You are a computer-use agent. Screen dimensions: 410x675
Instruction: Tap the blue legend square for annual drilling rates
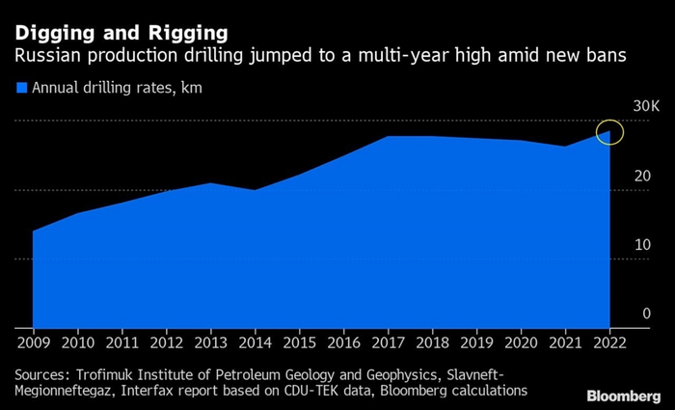(x=21, y=88)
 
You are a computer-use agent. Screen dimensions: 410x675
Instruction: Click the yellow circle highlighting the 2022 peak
(x=610, y=132)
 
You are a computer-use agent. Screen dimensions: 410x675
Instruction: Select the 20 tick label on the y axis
(x=642, y=177)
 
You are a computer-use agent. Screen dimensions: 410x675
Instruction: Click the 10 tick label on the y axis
(x=642, y=245)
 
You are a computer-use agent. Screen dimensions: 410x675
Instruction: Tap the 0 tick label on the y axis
(x=646, y=314)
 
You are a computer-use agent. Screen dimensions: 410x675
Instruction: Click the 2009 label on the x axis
(x=33, y=343)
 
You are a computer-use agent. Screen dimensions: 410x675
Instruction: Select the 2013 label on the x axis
(x=210, y=343)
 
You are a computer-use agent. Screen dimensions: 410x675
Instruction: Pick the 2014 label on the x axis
(x=255, y=343)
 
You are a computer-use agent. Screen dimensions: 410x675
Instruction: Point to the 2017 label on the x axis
(x=388, y=343)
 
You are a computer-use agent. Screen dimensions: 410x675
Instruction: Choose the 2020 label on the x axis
(x=521, y=343)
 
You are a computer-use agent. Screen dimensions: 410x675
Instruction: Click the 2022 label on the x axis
(x=607, y=343)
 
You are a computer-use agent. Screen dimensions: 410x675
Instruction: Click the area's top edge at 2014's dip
(x=255, y=190)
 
